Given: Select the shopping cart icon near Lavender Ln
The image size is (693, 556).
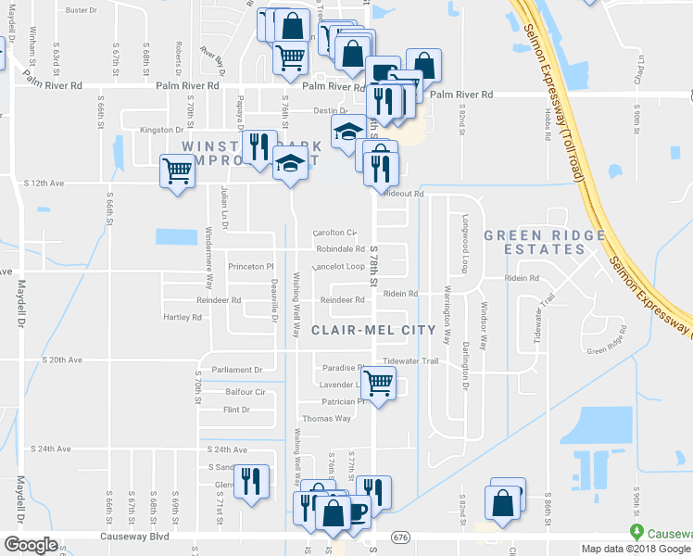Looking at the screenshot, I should pos(378,382).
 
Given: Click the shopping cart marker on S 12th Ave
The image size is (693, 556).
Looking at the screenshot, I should pos(177,171).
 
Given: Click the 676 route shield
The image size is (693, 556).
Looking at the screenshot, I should pos(400,537).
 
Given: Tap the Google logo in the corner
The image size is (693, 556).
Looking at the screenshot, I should pos(31,545).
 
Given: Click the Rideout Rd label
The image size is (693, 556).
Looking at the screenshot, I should pos(404,194).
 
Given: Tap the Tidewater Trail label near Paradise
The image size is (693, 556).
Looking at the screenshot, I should pos(409,360).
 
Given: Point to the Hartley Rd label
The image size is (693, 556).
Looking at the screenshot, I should pos(183,317).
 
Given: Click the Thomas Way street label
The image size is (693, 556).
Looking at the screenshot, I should pos(326,418).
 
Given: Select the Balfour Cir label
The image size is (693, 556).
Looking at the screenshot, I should pos(245,392).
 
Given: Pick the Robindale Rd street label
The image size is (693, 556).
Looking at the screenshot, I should pos(340,249).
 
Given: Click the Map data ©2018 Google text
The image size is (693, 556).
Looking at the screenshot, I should pos(636,549).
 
